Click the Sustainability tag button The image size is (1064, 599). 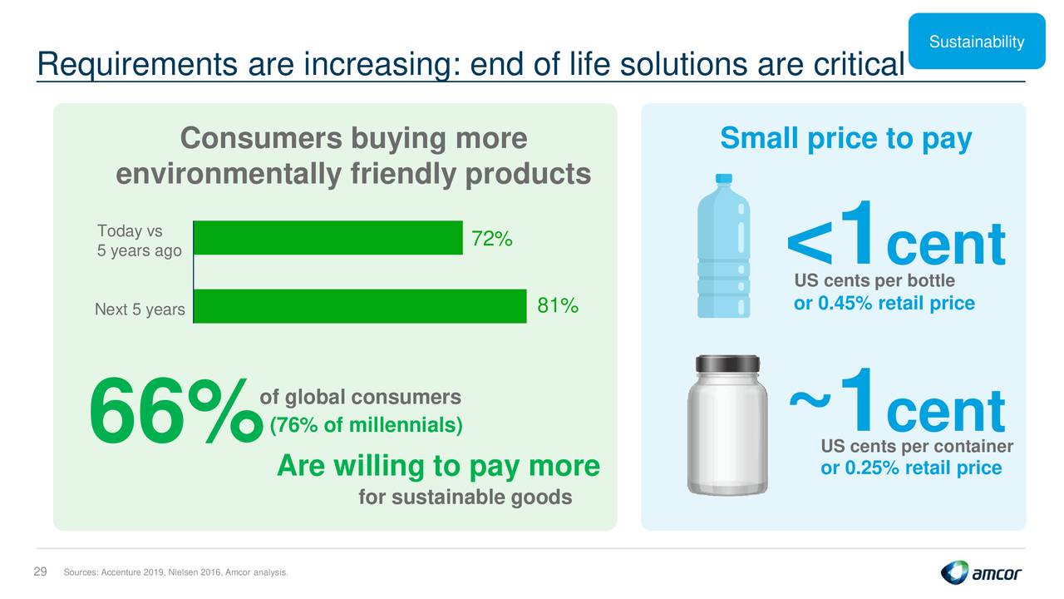(x=977, y=42)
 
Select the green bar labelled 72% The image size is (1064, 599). (x=328, y=238)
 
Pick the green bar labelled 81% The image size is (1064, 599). (x=360, y=306)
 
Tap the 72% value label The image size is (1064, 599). (x=491, y=239)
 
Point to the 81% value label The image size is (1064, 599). (x=558, y=305)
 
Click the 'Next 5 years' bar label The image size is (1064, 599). (x=140, y=309)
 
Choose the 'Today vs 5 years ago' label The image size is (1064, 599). (x=139, y=240)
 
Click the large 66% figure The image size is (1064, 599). (x=175, y=410)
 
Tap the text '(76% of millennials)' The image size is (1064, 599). (x=367, y=425)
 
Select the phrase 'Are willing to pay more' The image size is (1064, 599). (x=438, y=465)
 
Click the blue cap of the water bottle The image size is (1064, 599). (x=723, y=179)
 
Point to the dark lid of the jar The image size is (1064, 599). (x=727, y=364)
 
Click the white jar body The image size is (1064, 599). (x=727, y=433)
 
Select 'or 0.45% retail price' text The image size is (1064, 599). (x=884, y=304)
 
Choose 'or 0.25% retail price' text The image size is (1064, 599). (x=911, y=468)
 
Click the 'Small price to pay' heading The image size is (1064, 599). (x=846, y=139)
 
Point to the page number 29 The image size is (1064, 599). (x=41, y=572)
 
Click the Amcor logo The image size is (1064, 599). (x=981, y=573)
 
